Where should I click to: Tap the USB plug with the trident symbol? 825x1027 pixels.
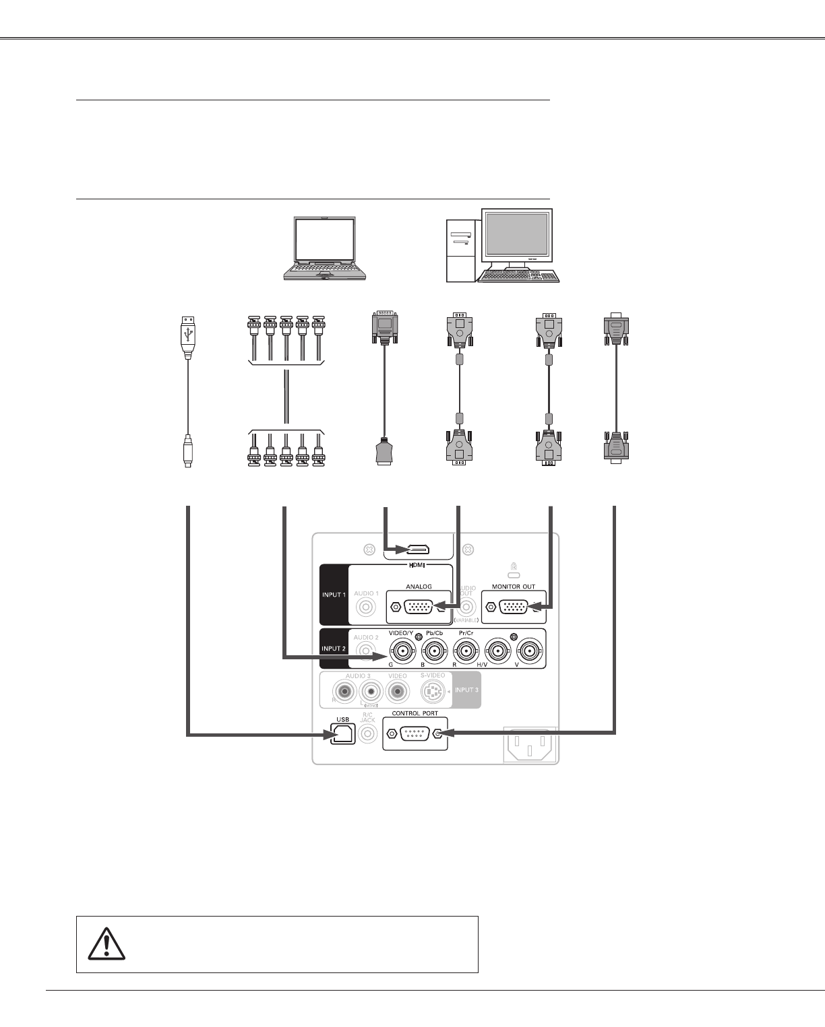coord(188,333)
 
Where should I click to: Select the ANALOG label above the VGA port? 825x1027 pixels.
coord(418,587)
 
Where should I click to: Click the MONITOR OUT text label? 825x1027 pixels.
coord(514,587)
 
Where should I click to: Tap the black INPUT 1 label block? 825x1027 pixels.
coord(334,595)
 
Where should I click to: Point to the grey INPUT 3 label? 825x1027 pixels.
coord(466,690)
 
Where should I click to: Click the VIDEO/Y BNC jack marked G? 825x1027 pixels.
coord(402,651)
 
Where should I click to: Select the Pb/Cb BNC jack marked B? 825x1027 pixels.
coord(435,651)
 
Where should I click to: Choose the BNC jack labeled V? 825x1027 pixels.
coord(529,651)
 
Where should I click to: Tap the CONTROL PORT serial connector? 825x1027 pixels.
coord(415,733)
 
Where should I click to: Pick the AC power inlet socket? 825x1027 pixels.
coord(530,745)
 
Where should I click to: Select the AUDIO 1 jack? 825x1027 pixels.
coord(366,607)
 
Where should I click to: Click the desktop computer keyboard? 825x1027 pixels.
coord(518,277)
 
